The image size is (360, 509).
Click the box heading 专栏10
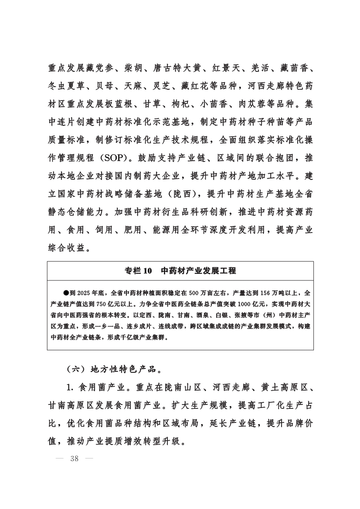pyautogui.click(x=138, y=270)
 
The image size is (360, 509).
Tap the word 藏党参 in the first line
pyautogui.click(x=96, y=68)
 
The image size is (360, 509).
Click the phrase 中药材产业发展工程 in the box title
pyautogui.click(x=198, y=270)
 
